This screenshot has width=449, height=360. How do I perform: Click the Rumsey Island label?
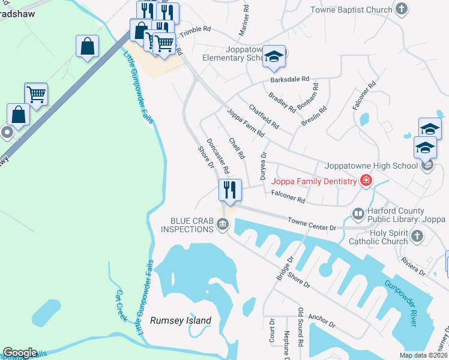(180, 320)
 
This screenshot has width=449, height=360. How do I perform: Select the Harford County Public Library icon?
(358, 213)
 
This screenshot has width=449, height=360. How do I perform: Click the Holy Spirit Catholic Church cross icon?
(417, 238)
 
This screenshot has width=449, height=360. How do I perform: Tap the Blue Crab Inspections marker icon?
(223, 225)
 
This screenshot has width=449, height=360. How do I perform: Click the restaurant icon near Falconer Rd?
(230, 190)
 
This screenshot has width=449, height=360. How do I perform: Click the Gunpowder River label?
(400, 304)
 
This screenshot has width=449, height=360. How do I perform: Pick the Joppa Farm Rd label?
(246, 122)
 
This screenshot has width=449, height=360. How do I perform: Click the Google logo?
(20, 353)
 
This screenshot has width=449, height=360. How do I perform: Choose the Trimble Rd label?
(196, 29)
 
